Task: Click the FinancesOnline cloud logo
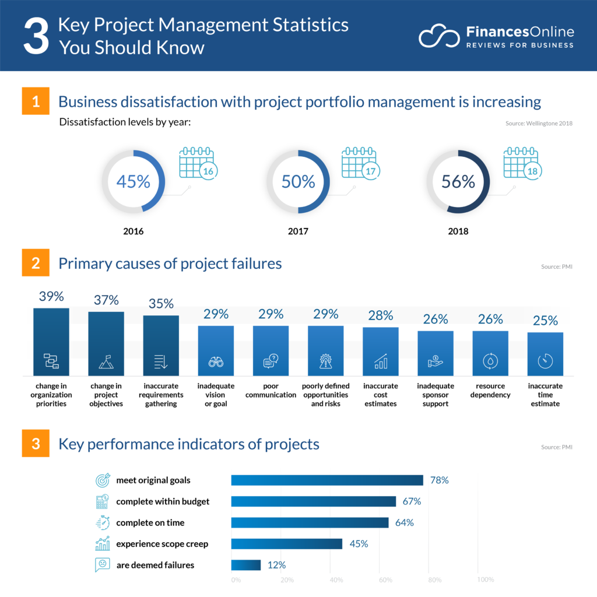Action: point(438,36)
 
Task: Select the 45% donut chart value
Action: point(134,181)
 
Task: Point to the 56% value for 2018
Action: point(458,181)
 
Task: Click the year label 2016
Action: point(134,231)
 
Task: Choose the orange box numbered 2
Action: point(36,264)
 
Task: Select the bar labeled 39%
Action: point(51,342)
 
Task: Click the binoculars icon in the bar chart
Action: point(216,362)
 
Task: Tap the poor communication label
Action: point(271,391)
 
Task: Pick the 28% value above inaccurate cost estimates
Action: point(381,315)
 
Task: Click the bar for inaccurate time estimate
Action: point(545,354)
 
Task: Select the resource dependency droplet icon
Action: point(490,361)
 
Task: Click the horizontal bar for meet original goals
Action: point(327,480)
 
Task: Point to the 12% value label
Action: point(277,565)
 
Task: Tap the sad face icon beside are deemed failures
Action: point(102,565)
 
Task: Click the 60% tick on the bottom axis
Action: point(386,580)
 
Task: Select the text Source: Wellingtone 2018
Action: point(538,124)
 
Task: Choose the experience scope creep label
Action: point(162,544)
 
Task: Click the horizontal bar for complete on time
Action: point(310,522)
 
